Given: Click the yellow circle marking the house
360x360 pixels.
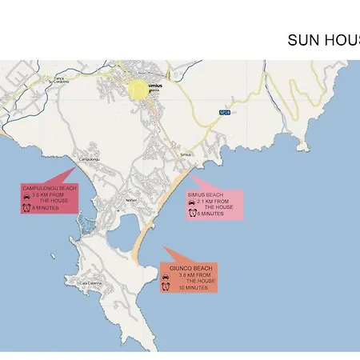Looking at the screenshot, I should (138, 89).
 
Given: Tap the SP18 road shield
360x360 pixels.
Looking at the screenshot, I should (225, 113).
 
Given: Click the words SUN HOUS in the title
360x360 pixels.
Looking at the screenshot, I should (323, 40).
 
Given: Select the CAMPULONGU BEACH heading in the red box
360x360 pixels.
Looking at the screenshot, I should (50, 187).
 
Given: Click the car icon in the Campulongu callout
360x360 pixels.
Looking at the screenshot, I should (26, 196).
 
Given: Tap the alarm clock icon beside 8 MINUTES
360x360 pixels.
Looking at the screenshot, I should (26, 208).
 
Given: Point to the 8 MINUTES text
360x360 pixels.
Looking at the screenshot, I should (46, 208).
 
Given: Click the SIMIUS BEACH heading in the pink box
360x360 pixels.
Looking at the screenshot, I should (206, 194).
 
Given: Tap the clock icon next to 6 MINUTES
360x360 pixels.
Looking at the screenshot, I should (192, 214).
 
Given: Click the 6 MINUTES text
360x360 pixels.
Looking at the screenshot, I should (210, 214).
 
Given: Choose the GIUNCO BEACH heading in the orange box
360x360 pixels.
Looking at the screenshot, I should (191, 268).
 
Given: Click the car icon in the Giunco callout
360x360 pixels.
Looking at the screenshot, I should (165, 276).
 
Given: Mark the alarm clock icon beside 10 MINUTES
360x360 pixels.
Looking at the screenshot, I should (165, 287).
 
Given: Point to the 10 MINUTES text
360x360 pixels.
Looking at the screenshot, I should (193, 288).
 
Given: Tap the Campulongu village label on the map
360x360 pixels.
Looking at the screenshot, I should (86, 159).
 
